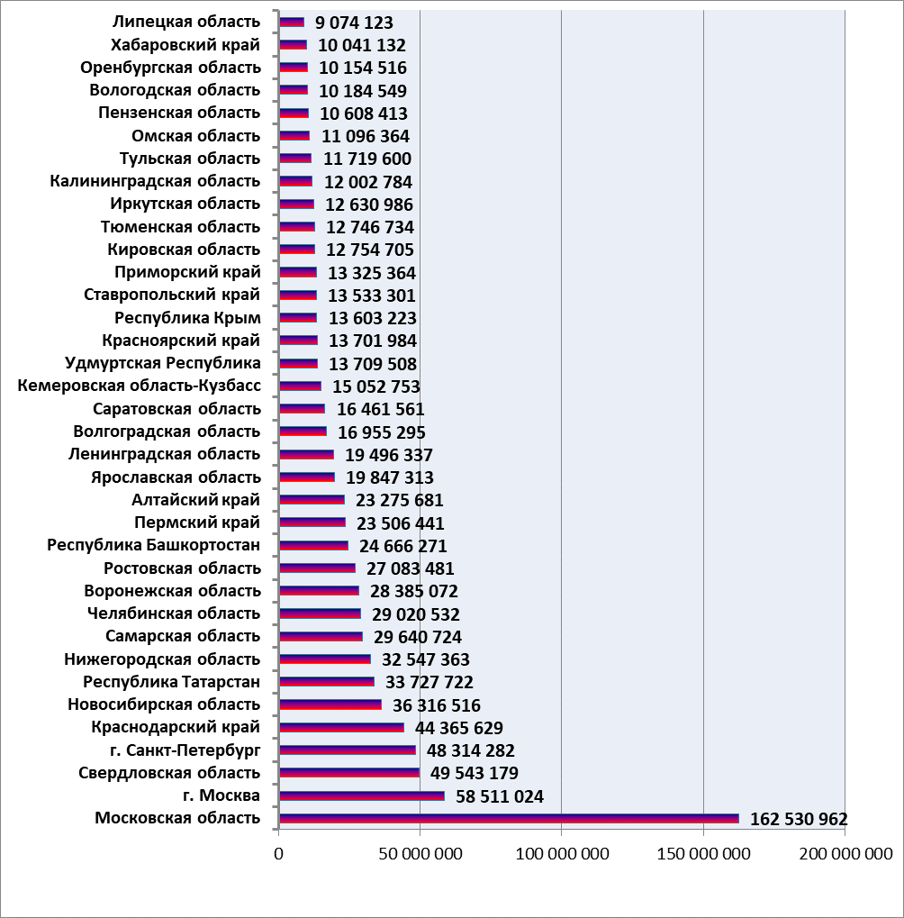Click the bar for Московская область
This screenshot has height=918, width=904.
[x=509, y=819]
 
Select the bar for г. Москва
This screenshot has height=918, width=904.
[x=362, y=795]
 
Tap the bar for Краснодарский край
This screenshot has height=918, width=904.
[x=342, y=727]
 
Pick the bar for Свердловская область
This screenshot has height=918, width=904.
[x=349, y=773]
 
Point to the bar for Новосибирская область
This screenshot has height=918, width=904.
[x=330, y=704]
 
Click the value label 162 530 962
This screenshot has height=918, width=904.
[x=799, y=819]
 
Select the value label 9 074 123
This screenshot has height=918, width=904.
[x=354, y=23]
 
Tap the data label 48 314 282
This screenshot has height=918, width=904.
[x=470, y=750]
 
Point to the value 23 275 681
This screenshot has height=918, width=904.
[x=399, y=501]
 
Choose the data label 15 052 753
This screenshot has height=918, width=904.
[x=376, y=387]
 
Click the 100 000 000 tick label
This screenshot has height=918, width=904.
[x=562, y=854]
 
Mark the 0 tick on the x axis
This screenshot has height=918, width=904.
[x=278, y=854]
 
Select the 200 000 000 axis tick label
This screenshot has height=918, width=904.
[x=846, y=854]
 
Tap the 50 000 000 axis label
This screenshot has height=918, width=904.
[x=420, y=854]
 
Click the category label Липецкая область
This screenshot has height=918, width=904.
[x=186, y=22]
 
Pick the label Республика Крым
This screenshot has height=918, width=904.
[x=188, y=318]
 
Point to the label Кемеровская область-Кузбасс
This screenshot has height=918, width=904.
[x=140, y=386]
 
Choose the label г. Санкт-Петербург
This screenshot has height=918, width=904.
[x=185, y=750]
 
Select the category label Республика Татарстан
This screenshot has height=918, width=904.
[x=171, y=682]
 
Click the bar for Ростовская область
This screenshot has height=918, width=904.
[x=318, y=568]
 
